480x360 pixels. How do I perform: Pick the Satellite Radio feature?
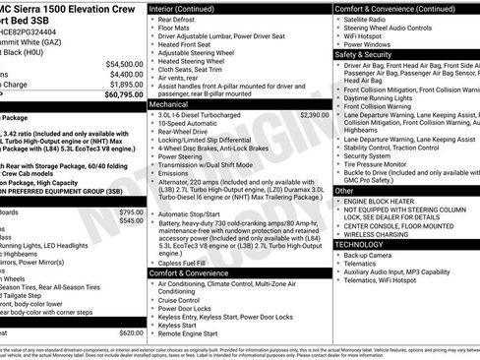(x=367, y=20)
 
